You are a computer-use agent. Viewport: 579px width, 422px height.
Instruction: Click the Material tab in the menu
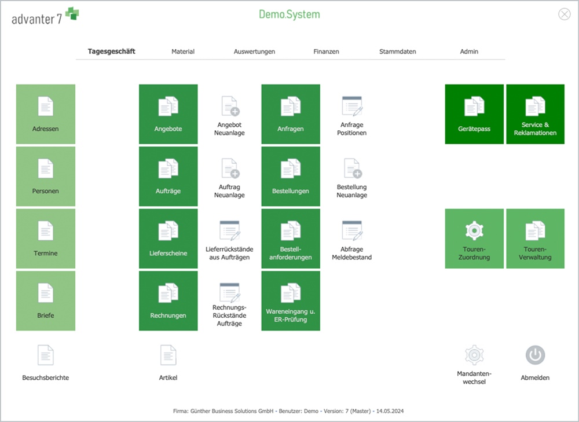(x=183, y=52)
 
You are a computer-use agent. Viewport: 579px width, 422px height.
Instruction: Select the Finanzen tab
(x=326, y=52)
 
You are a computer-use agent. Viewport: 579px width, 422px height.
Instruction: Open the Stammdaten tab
(x=397, y=52)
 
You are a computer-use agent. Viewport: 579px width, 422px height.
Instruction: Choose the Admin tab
(x=469, y=52)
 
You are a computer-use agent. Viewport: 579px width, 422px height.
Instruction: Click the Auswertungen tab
(x=254, y=52)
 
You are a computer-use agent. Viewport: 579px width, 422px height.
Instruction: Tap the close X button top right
(x=564, y=14)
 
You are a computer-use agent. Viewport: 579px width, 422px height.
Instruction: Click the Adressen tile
(x=45, y=114)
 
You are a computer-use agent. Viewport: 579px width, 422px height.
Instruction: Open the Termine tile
(x=45, y=238)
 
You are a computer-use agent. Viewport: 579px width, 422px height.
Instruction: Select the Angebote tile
(x=168, y=114)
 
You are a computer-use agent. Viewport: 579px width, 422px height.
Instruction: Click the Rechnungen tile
(x=168, y=301)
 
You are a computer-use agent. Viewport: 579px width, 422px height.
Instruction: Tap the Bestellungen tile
(x=291, y=177)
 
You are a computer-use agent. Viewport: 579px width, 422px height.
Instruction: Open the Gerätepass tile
(x=474, y=114)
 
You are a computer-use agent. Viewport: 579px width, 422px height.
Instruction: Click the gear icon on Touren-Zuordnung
(x=474, y=230)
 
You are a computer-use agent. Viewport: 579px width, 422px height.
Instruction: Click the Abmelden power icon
(x=535, y=355)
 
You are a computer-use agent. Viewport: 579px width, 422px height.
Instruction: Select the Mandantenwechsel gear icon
(x=474, y=355)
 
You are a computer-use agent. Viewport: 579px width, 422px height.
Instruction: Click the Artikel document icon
(x=168, y=355)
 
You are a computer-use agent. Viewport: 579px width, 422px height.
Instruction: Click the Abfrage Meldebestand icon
(x=352, y=230)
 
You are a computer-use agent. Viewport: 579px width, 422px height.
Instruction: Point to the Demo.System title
(x=289, y=14)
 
